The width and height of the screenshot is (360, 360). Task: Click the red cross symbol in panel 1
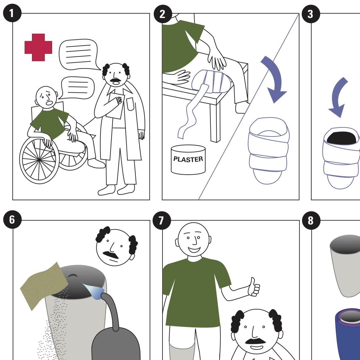[38, 47]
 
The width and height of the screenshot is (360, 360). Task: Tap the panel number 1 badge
[12, 13]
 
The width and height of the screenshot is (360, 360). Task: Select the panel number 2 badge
[163, 14]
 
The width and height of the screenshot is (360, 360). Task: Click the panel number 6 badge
[12, 220]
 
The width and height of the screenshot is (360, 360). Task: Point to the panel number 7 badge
[162, 220]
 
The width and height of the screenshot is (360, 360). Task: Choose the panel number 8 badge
[311, 220]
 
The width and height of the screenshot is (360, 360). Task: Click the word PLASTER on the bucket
[188, 159]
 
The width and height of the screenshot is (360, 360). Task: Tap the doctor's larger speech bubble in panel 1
[79, 55]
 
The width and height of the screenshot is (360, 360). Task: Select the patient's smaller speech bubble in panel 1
[77, 88]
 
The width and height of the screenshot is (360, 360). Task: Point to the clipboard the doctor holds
[117, 106]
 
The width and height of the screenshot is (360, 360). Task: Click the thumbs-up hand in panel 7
[254, 287]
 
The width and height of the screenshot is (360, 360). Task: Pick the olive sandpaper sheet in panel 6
[44, 286]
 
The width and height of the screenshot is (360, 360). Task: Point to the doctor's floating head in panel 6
[116, 246]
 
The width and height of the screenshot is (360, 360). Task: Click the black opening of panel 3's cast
[342, 138]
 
